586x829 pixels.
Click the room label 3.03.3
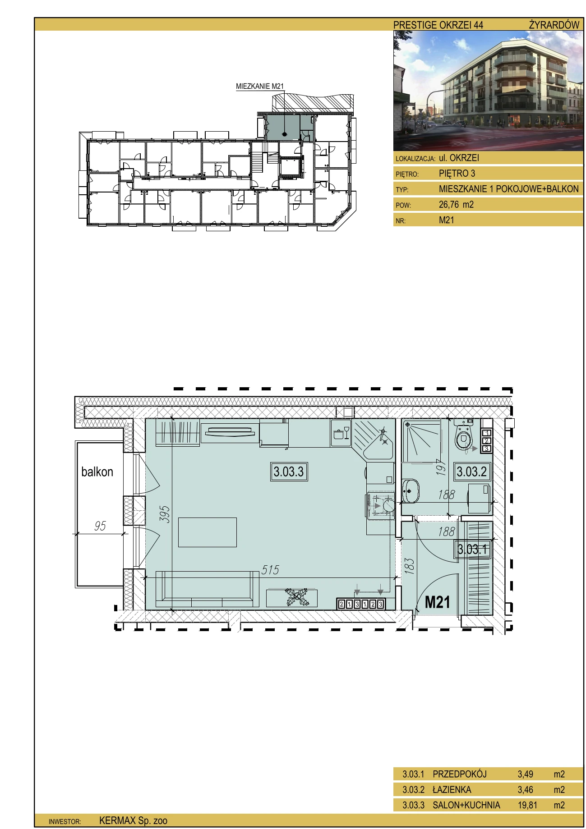pyautogui.click(x=288, y=472)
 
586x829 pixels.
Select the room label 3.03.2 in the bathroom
pyautogui.click(x=471, y=472)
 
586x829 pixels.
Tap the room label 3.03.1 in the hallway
pyautogui.click(x=472, y=549)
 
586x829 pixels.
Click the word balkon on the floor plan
pyautogui.click(x=97, y=472)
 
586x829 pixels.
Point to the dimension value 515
pyautogui.click(x=270, y=570)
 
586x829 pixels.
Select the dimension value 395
pyautogui.click(x=165, y=514)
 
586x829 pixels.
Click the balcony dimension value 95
pyautogui.click(x=100, y=526)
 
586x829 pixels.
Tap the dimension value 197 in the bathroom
pyautogui.click(x=441, y=467)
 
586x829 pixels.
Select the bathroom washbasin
pyautogui.click(x=410, y=491)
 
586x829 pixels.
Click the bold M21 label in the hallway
pyautogui.click(x=438, y=602)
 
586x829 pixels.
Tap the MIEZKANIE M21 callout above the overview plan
pyautogui.click(x=260, y=86)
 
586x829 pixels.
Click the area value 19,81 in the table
pyautogui.click(x=527, y=805)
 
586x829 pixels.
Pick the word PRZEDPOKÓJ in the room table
pyautogui.click(x=460, y=774)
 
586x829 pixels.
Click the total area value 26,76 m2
pyautogui.click(x=456, y=204)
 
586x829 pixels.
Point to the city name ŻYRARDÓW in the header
pyautogui.click(x=554, y=25)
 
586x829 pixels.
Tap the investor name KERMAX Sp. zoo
pyautogui.click(x=133, y=821)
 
